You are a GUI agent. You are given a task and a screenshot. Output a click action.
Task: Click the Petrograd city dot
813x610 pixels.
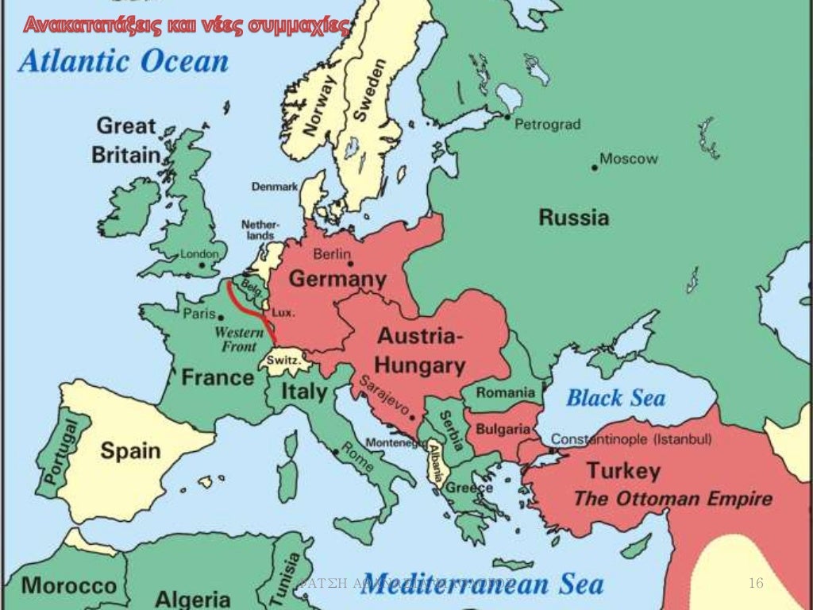(507, 117)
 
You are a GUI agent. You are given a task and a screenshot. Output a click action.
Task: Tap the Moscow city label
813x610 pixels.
(628, 159)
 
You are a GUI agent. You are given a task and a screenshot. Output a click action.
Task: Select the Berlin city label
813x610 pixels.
(331, 254)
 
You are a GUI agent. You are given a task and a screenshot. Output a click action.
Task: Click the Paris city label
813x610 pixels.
(199, 314)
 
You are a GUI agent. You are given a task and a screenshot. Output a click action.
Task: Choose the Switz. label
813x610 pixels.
(283, 360)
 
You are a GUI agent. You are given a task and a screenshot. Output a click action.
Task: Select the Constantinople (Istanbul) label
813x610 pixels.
(631, 439)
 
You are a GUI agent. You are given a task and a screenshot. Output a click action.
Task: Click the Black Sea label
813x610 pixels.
(615, 397)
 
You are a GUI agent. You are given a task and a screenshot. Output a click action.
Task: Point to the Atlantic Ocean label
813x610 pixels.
(123, 61)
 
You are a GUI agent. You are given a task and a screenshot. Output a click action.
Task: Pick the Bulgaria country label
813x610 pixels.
(503, 429)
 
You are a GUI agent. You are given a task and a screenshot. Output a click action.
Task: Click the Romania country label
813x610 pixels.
(506, 392)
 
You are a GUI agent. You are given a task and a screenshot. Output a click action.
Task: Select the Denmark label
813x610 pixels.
(275, 187)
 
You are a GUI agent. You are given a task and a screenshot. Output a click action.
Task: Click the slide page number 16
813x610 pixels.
(756, 584)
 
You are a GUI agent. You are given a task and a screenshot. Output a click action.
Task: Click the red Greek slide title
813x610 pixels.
(185, 26)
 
